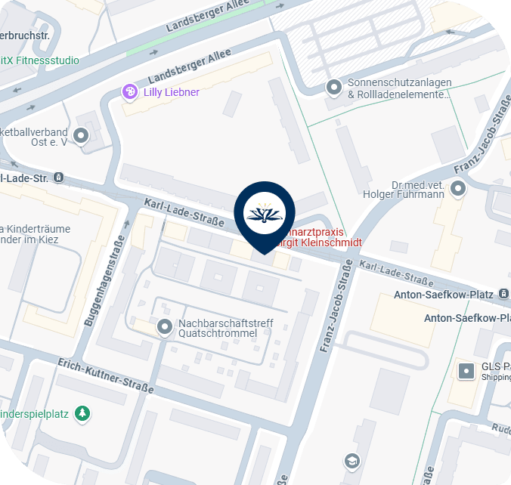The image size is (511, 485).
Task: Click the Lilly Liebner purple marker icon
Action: (130, 92)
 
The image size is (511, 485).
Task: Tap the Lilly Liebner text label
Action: (172, 92)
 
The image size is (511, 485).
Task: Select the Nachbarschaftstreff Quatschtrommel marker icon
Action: (164, 327)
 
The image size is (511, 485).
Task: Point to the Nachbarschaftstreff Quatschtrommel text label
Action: (225, 329)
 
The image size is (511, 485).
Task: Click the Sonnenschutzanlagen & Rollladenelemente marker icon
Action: (333, 88)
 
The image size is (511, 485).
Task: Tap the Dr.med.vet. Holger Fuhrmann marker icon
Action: (457, 189)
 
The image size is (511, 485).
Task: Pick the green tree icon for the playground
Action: (82, 413)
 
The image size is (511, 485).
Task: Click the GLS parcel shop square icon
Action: (467, 371)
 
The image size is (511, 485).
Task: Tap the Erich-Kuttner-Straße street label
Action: (106, 376)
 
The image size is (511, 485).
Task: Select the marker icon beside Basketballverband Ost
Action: (80, 137)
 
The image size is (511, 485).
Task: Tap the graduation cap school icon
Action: (352, 460)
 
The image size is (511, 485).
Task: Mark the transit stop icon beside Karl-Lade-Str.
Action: (60, 178)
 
